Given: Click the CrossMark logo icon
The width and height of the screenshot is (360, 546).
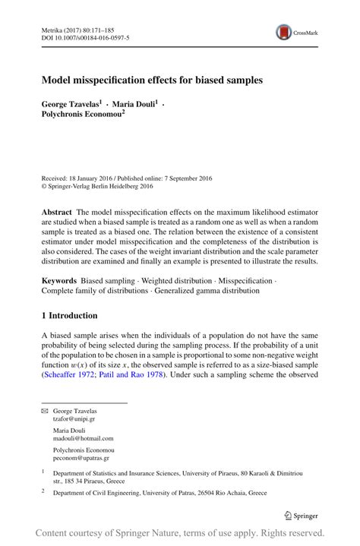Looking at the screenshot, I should click(x=284, y=32).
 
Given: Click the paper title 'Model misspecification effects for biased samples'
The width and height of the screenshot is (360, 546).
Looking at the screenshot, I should click(x=152, y=79).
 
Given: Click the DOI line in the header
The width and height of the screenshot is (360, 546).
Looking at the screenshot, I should click(x=84, y=36).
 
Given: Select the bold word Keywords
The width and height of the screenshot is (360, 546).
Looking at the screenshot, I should click(x=59, y=281).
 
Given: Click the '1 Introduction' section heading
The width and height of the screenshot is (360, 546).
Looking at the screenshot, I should click(x=69, y=315).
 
